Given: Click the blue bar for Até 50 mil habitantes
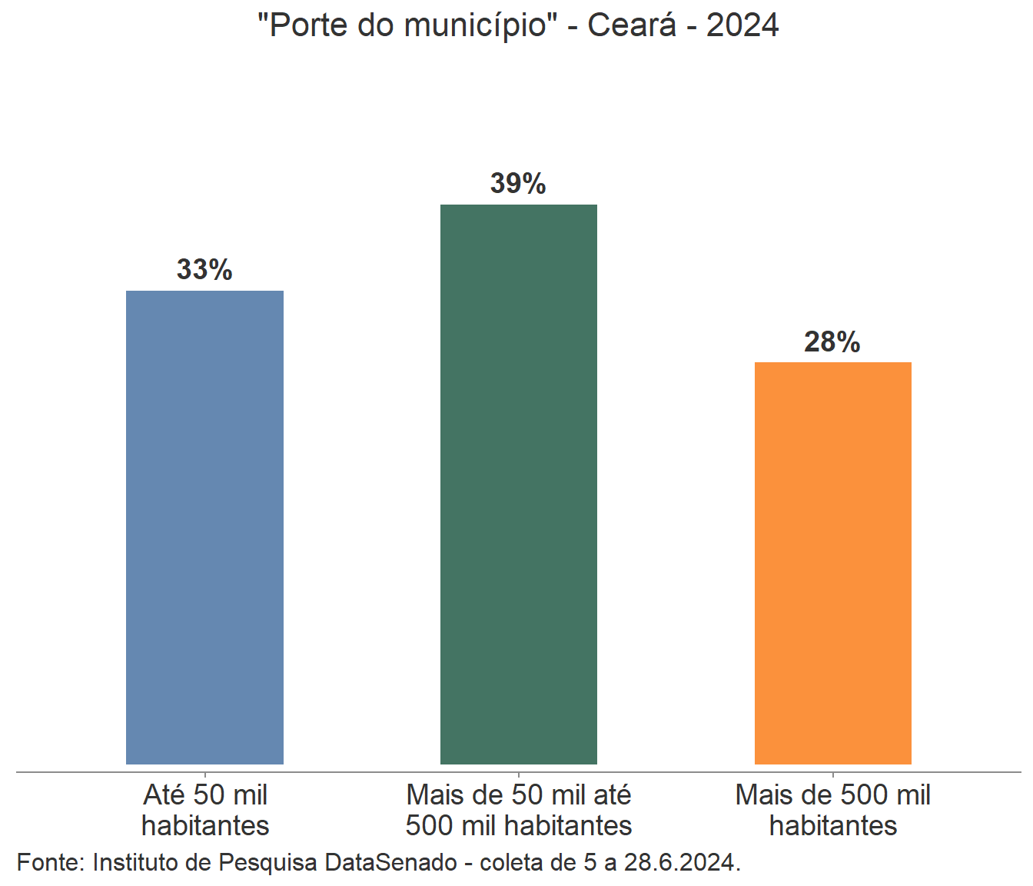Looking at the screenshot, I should pos(204,527).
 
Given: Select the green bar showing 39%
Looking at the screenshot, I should pos(518,484).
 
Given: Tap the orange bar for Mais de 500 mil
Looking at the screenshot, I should pos(832,562).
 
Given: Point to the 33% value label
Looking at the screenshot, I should pos(204,270).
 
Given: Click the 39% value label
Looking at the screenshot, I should pos(518,184).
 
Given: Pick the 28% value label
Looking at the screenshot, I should pos(832,342).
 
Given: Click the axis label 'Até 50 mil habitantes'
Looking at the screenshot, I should pos(205,810).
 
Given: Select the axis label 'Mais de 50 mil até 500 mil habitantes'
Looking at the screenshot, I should pos(519,810).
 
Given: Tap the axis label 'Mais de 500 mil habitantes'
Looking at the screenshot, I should pos(833,810).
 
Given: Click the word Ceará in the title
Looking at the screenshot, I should pos(632,25).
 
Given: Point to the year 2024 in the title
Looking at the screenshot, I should pos(742,25).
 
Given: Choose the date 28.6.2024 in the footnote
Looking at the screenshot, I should pos(682,862).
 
